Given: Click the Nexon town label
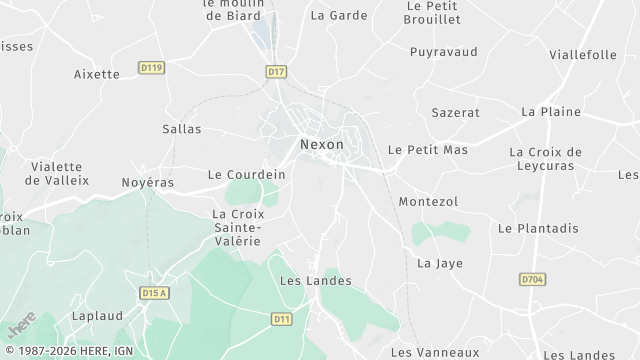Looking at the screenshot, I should (x=321, y=144).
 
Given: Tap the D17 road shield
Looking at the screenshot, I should (x=277, y=71).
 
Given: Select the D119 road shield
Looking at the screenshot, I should (x=152, y=68).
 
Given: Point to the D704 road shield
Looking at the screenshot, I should (x=532, y=281).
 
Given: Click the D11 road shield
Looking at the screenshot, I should (x=282, y=318).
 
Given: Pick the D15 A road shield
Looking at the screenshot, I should (x=153, y=293).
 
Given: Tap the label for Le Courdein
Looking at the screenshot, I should (x=246, y=174).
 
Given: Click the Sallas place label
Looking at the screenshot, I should (x=181, y=129).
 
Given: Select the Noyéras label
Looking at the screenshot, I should (x=147, y=183).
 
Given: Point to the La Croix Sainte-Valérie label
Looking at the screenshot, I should (x=237, y=227).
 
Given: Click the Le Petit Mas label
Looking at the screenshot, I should (x=428, y=150).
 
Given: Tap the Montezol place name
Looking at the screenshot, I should (x=428, y=202).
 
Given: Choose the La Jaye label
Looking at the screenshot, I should (x=435, y=264).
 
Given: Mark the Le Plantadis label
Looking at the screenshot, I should (x=538, y=228).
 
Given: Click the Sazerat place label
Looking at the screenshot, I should (x=455, y=114).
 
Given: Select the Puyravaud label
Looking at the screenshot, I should (x=443, y=51).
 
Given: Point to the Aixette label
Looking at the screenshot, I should (x=97, y=74).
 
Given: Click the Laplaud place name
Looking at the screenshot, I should (x=97, y=316).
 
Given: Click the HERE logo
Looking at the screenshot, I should (x=19, y=326).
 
